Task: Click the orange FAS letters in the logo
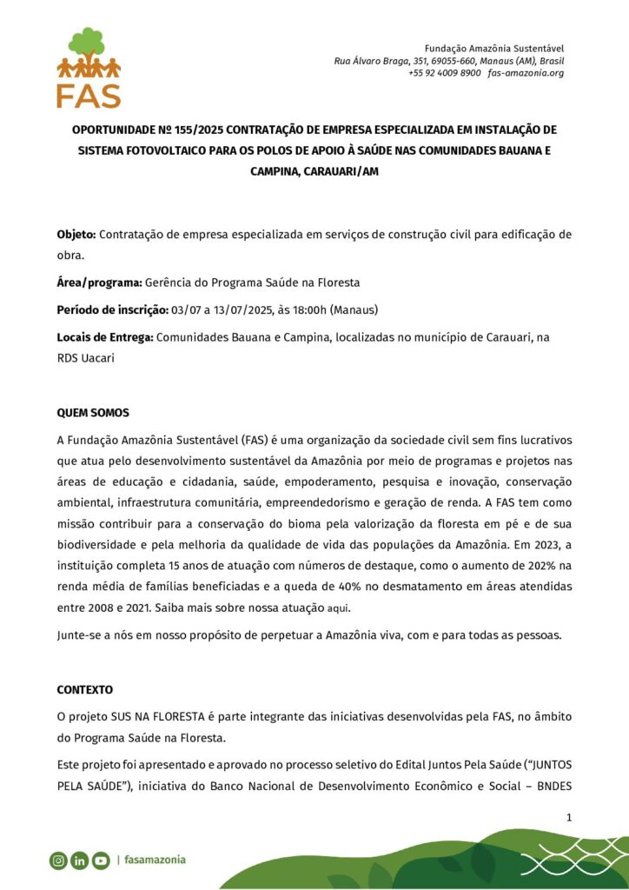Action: [x=89, y=95]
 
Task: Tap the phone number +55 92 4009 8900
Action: [x=444, y=73]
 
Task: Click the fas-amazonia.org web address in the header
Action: [x=526, y=73]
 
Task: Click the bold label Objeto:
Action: [x=77, y=235]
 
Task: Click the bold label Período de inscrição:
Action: [x=113, y=310]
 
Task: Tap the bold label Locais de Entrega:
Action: [x=105, y=336]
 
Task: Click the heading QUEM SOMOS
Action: [x=93, y=413]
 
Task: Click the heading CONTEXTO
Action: [x=85, y=689]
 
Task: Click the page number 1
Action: [x=568, y=817]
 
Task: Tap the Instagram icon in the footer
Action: [x=58, y=860]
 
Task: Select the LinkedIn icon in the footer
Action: [x=79, y=860]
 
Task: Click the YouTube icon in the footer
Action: [x=101, y=860]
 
